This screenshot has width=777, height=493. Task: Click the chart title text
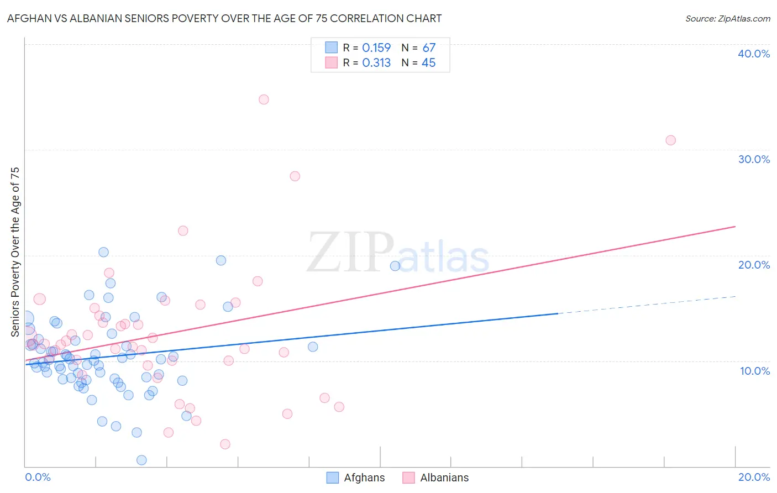pos(224,18)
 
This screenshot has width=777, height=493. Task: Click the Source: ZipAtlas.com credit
pos(727,18)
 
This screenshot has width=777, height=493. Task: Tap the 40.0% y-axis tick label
pos(754,54)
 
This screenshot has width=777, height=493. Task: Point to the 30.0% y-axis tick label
pos(754,159)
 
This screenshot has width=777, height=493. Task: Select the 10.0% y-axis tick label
pos(754,371)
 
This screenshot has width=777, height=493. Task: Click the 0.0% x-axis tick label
pos(38,477)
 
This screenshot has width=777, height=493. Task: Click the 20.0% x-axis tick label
pos(754,477)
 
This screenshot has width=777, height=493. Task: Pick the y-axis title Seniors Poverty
pos(15,251)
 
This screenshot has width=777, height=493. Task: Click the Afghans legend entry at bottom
pos(356,478)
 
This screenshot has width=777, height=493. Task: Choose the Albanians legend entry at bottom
pos(435,478)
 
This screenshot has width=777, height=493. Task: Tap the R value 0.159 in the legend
pos(376,48)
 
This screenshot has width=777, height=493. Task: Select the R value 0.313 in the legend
pos(376,63)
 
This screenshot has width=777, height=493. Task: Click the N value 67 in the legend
pos(429,48)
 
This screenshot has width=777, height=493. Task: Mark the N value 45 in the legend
pos(429,63)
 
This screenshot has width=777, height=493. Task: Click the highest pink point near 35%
pos(264,99)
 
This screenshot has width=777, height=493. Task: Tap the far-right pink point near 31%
pos(670,140)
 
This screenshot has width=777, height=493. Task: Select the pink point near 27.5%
pos(295,176)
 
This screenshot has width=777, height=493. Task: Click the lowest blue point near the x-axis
pos(141,460)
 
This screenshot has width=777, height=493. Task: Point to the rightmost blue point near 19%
pos(395,266)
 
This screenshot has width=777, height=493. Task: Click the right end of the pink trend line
pos(735,227)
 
